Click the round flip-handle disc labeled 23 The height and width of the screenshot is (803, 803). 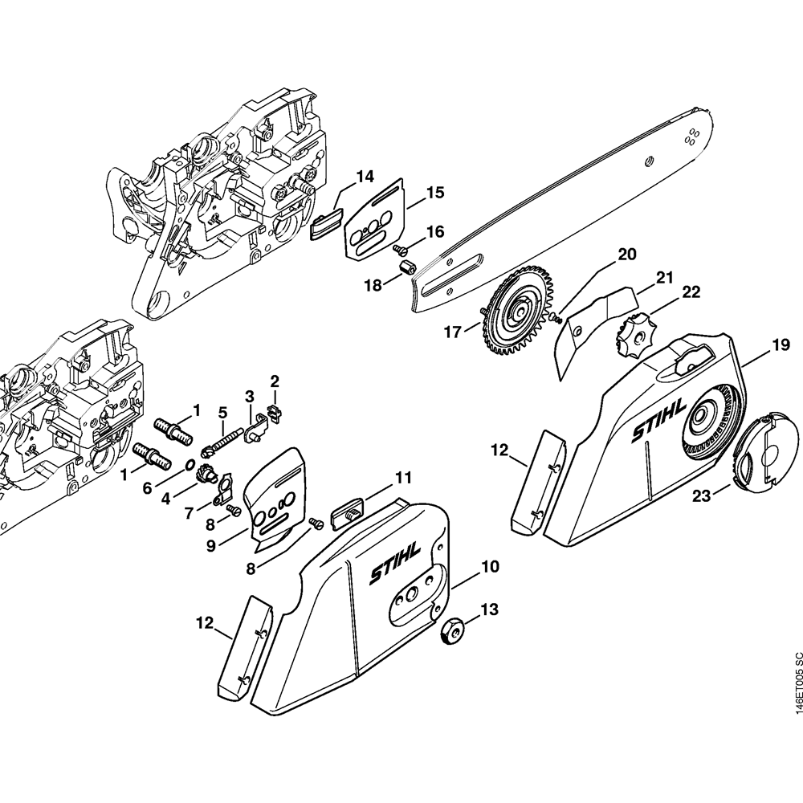pos(763,454)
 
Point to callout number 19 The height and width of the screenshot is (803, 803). pos(780,346)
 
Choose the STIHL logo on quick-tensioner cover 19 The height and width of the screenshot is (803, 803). pos(658,422)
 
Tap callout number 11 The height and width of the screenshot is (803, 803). pos(402,479)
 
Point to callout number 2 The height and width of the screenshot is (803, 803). pos(275,379)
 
